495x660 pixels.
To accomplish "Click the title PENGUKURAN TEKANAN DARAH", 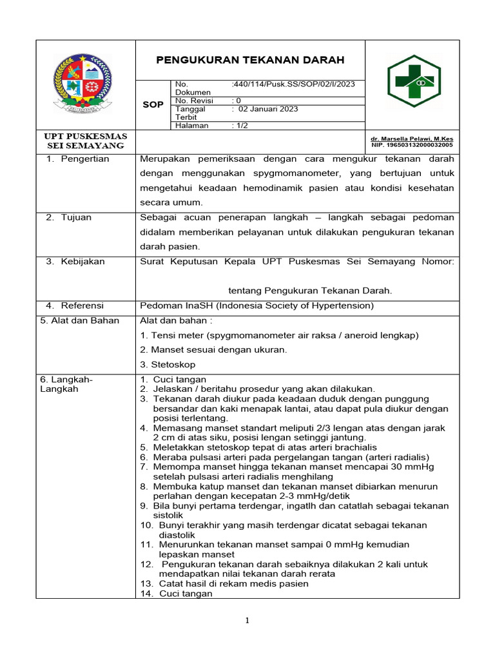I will coord(251,60).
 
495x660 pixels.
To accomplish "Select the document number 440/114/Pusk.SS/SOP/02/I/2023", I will coord(294,84).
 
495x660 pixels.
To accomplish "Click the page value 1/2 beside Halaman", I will coord(240,126).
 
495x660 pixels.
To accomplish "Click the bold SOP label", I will coord(153,104).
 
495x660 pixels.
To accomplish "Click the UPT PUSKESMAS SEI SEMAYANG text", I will coord(85,141).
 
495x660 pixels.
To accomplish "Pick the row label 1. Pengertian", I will coord(77,159).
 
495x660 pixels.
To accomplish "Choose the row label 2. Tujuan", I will coord(68,217).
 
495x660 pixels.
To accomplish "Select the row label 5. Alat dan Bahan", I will coord(79,320).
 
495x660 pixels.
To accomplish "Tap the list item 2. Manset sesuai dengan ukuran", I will coord(213,350).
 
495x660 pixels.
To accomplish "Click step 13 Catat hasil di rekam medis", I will coord(224,583).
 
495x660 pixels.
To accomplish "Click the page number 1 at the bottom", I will coord(247,621).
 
